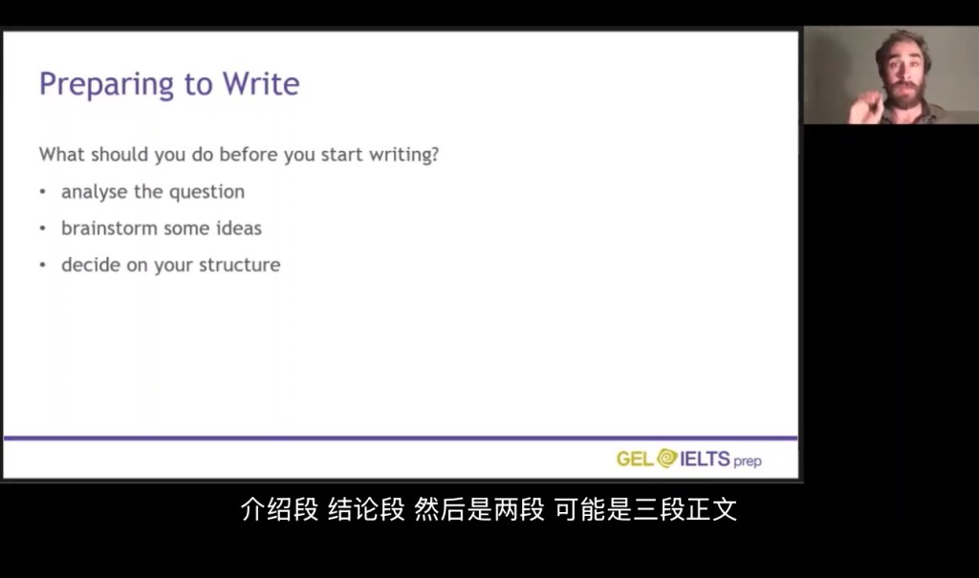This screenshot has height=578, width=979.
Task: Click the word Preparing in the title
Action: (107, 85)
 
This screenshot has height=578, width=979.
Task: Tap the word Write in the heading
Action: (261, 84)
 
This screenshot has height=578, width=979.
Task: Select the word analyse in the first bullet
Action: (95, 192)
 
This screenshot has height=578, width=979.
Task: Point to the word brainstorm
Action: (109, 227)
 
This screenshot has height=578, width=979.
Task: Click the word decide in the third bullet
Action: (91, 265)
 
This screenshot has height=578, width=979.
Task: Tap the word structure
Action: (240, 265)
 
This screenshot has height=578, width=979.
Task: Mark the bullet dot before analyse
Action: (42, 192)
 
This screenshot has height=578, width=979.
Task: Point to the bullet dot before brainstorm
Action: (42, 228)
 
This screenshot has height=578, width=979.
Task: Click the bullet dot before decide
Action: (42, 265)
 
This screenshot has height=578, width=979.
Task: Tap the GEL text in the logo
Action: (635, 460)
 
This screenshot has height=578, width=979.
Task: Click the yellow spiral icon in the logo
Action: (666, 459)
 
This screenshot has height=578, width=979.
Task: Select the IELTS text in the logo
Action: (705, 459)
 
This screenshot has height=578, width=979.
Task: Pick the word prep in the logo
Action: (748, 461)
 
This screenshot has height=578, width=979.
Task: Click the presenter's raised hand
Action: (865, 107)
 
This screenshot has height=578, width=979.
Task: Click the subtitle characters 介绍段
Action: (279, 509)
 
